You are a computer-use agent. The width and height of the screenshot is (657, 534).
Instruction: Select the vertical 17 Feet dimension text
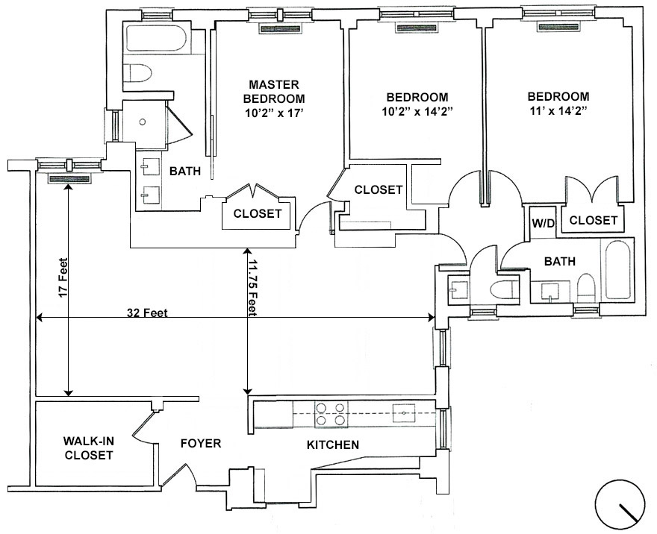point(63,279)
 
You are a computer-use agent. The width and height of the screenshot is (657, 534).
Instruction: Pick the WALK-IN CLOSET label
point(89,447)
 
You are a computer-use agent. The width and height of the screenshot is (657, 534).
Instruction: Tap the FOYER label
point(201,444)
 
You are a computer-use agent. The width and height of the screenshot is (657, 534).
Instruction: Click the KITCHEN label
point(333,445)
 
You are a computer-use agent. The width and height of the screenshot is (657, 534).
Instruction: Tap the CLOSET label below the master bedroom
point(258,213)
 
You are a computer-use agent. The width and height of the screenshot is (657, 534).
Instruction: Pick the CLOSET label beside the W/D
point(594,220)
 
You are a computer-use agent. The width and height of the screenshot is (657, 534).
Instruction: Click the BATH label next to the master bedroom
point(185,171)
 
